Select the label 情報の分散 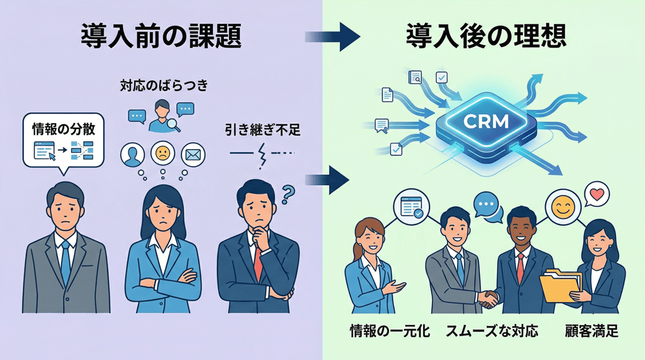pos(63,128)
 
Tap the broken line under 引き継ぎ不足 pos(262,154)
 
